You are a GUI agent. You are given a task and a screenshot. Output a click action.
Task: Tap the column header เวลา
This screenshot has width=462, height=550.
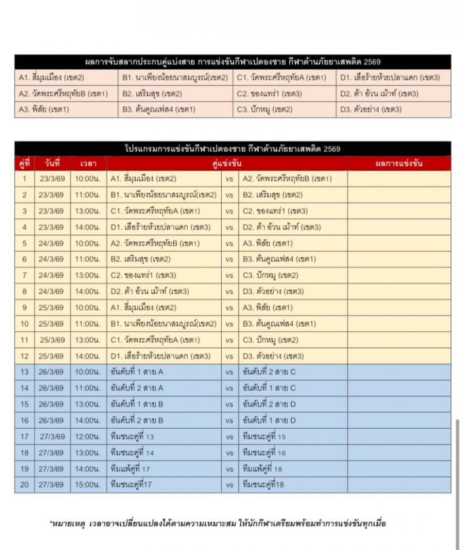click(88, 163)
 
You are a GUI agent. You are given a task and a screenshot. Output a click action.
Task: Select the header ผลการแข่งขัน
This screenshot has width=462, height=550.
click(398, 163)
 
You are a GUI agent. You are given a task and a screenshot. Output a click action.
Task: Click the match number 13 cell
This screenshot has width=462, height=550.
click(24, 372)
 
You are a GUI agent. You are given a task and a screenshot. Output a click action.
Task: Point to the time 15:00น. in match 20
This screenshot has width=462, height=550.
click(88, 485)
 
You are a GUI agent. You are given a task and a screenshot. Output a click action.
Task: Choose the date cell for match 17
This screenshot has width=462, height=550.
click(52, 436)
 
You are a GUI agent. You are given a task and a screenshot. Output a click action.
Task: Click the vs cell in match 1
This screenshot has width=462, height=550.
click(229, 179)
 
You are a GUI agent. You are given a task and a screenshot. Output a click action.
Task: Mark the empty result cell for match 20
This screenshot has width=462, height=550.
click(398, 485)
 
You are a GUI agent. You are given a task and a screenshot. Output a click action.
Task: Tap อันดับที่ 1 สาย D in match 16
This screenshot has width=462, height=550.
click(269, 420)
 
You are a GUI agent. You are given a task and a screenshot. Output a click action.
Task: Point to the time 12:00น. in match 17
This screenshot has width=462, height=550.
click(88, 436)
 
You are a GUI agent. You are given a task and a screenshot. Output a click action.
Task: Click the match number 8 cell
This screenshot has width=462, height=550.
click(24, 291)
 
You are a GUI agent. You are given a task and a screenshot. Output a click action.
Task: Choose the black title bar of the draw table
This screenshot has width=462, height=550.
click(232, 62)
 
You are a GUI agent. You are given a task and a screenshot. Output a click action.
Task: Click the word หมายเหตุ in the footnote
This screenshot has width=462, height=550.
click(68, 523)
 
